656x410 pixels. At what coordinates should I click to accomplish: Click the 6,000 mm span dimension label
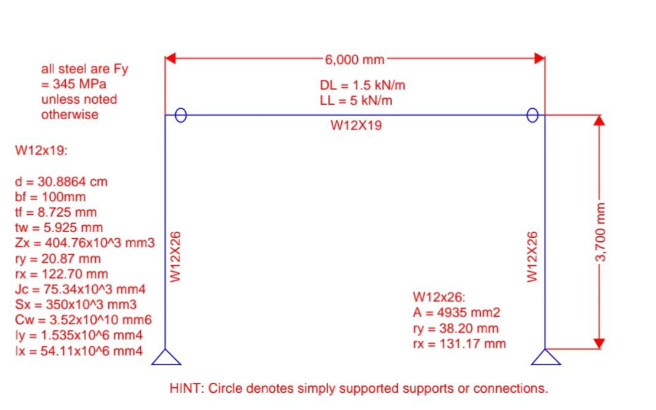point(355,60)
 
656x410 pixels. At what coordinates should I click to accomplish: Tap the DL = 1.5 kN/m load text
point(362,85)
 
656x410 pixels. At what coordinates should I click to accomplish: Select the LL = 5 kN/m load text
point(356,100)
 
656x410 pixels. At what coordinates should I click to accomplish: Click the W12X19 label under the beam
point(356,126)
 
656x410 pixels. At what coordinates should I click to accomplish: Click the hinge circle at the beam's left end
point(180,115)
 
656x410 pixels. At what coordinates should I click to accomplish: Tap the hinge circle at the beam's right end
point(532,115)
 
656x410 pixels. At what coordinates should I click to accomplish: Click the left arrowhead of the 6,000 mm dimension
point(172,59)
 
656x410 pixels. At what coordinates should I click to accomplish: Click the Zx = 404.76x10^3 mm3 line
point(81,243)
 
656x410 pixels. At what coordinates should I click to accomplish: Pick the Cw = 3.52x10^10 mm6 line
point(83,320)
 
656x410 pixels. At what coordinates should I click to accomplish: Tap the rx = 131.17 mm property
point(459,343)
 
